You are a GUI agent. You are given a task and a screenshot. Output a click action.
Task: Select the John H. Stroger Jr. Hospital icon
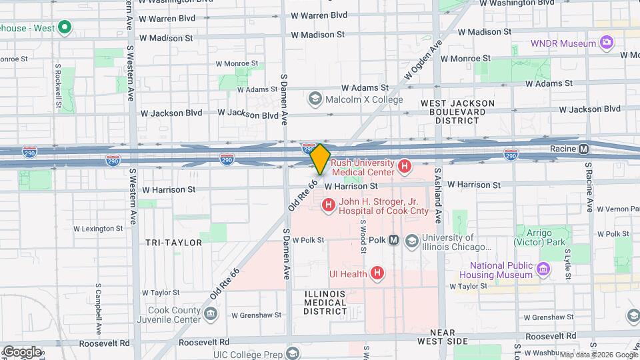click(328, 205)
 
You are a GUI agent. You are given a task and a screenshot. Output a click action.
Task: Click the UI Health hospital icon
click(377, 273)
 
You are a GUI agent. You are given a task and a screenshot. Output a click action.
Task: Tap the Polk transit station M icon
click(394, 240)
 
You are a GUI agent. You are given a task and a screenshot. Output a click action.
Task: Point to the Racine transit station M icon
click(583, 149)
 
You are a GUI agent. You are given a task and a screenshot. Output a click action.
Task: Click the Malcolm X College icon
click(315, 99)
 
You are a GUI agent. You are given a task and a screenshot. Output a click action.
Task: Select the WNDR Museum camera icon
click(606, 43)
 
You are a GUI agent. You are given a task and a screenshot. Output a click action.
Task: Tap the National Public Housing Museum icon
click(543, 269)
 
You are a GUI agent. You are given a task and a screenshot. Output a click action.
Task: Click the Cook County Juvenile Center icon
click(211, 313)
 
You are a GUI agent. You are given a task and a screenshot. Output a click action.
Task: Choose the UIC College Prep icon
click(291, 353)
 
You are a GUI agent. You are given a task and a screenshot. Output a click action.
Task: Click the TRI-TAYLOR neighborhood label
click(173, 243)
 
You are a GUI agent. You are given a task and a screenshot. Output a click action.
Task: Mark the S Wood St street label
click(363, 237)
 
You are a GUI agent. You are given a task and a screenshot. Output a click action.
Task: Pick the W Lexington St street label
click(98, 228)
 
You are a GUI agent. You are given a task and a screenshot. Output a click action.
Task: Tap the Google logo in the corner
click(21, 351)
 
